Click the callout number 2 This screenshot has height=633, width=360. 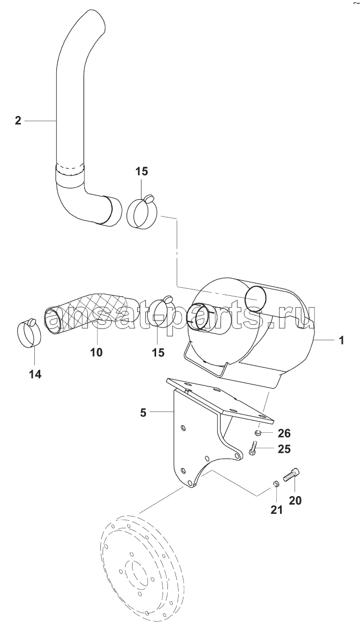click(x=18, y=121)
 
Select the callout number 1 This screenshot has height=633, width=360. click(x=341, y=340)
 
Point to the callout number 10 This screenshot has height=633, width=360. click(x=97, y=352)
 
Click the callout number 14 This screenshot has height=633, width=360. click(x=35, y=374)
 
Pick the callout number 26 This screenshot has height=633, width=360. click(x=284, y=433)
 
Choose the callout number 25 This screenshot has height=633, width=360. click(x=284, y=449)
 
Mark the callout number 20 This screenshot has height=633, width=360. click(x=295, y=500)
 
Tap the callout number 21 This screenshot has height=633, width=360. click(x=276, y=510)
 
